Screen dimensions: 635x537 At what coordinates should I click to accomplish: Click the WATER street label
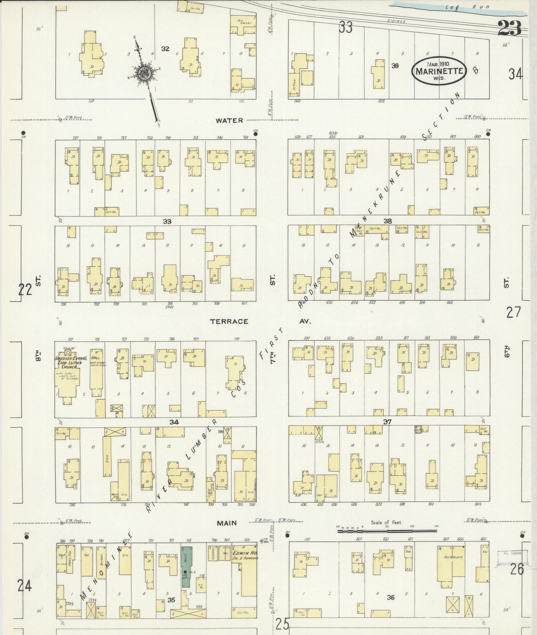[x=230, y=120]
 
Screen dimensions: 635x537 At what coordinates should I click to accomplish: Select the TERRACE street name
[x=229, y=321]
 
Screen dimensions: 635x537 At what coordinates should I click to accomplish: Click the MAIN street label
[x=227, y=523]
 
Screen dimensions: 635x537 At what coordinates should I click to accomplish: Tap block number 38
[x=388, y=221]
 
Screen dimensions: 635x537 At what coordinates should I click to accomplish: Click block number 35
[x=171, y=600]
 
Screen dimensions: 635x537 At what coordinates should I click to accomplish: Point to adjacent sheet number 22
[x=25, y=289]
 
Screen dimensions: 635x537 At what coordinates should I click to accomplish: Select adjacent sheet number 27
[x=514, y=312]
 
